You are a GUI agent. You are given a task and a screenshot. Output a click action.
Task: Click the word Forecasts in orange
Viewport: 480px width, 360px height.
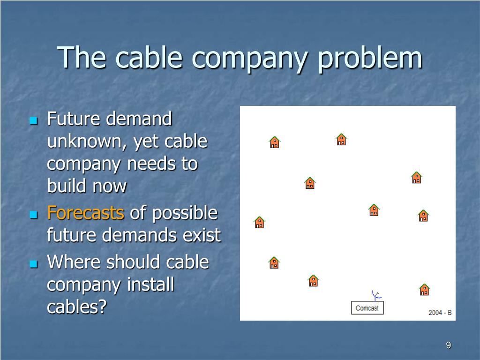(86, 213)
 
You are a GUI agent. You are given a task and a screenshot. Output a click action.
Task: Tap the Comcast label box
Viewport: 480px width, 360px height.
(367, 307)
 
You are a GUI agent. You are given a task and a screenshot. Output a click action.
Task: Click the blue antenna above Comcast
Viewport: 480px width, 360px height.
(376, 295)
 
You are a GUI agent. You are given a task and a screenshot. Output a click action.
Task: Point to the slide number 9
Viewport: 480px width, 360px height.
(449, 345)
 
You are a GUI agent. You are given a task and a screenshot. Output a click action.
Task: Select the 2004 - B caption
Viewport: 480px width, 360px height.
(440, 313)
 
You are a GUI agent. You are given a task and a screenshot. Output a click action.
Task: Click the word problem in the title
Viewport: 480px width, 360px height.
(370, 58)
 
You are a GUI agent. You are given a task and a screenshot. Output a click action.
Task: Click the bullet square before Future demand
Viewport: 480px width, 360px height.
(34, 120)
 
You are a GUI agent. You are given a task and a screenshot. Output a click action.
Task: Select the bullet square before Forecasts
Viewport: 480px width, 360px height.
(34, 215)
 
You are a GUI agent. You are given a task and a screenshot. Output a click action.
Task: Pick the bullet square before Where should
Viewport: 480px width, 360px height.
(34, 263)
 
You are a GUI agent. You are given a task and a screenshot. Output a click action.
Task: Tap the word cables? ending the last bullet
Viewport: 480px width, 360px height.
(77, 307)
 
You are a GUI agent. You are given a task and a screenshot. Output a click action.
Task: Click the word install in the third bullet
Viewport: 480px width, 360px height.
(150, 284)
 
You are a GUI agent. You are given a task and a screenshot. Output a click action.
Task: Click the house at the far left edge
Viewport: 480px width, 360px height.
(259, 222)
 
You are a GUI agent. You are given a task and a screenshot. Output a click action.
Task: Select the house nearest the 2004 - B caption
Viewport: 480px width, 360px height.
(424, 290)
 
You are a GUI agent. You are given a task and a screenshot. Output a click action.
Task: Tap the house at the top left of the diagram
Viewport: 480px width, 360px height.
(275, 142)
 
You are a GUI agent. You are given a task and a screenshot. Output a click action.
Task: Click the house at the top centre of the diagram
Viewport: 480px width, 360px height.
(341, 139)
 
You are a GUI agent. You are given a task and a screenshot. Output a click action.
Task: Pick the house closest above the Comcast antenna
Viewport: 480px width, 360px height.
(374, 210)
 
